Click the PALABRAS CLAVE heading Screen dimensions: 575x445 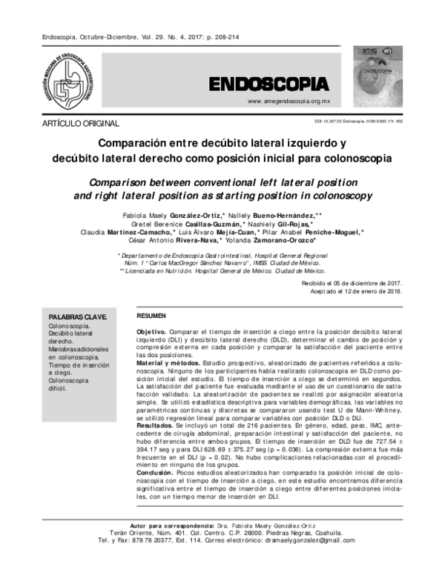click(x=77, y=316)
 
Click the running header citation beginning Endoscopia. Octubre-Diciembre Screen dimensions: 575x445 click(x=123, y=36)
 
